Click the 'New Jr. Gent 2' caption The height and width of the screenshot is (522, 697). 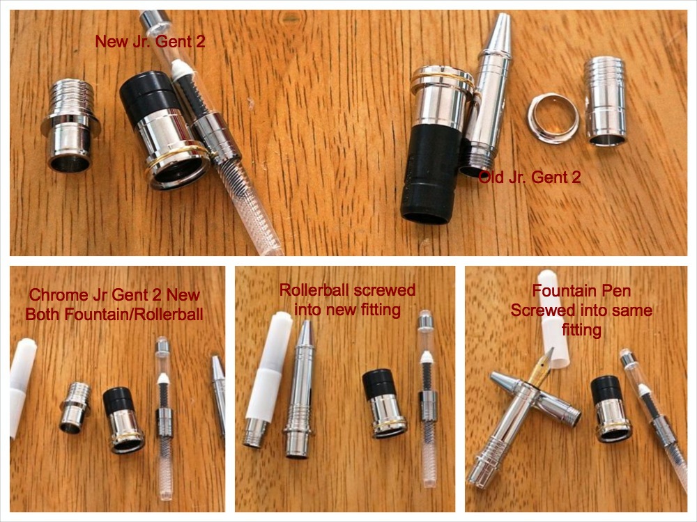pyautogui.click(x=151, y=42)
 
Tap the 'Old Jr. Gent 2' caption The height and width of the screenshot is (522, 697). pyautogui.click(x=530, y=177)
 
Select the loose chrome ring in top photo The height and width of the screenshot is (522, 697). pyautogui.click(x=553, y=117)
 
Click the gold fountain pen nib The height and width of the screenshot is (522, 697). pyautogui.click(x=541, y=367)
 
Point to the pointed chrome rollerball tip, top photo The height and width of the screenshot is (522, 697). pyautogui.click(x=501, y=32)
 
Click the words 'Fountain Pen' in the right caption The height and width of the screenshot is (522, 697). pyautogui.click(x=581, y=291)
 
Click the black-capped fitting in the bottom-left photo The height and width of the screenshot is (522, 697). pyautogui.click(x=123, y=420)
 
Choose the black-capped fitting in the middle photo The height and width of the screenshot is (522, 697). pyautogui.click(x=384, y=403)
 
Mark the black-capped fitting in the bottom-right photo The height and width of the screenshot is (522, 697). pyautogui.click(x=611, y=409)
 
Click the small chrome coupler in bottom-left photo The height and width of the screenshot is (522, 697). pyautogui.click(x=75, y=407)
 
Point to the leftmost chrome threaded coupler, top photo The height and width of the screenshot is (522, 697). pyautogui.click(x=70, y=125)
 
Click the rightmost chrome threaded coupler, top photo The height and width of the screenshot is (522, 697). pyautogui.click(x=606, y=101)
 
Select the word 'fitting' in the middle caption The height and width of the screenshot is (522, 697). pyautogui.click(x=380, y=310)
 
